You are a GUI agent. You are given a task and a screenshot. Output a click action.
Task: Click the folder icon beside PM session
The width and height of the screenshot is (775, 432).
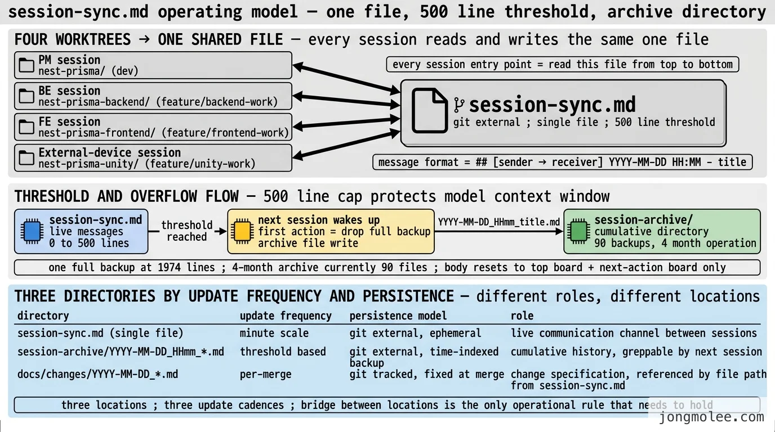pyautogui.click(x=26, y=65)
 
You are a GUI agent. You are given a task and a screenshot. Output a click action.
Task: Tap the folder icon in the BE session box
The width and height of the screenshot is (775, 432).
pyautogui.click(x=26, y=96)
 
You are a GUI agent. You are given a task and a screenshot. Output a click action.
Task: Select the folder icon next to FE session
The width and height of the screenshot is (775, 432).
pyautogui.click(x=26, y=127)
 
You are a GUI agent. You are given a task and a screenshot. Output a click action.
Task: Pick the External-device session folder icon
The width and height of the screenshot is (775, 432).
pyautogui.click(x=26, y=157)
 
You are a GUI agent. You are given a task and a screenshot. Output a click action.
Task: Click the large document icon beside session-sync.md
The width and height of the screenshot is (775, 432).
pyautogui.click(x=430, y=111)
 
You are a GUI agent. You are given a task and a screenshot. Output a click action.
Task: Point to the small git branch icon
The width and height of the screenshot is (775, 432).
pyautogui.click(x=459, y=105)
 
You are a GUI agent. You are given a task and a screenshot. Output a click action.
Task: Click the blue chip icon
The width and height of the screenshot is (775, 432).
pyautogui.click(x=32, y=231)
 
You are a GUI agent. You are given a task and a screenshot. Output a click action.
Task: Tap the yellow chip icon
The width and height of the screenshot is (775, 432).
pyautogui.click(x=242, y=231)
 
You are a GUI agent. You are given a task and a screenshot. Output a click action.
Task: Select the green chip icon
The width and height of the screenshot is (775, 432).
pyautogui.click(x=578, y=231)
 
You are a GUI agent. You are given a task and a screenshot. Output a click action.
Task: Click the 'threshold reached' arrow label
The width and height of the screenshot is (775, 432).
pyautogui.click(x=187, y=231)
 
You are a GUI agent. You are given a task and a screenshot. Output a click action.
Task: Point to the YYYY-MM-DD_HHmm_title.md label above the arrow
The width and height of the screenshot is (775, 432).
pyautogui.click(x=498, y=222)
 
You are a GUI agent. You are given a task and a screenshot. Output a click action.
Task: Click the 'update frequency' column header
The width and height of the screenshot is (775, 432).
pyautogui.click(x=286, y=316)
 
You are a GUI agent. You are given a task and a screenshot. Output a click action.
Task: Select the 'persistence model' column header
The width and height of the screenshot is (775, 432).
pyautogui.click(x=398, y=316)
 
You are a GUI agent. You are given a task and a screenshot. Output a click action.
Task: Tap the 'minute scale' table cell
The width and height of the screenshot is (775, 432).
pyautogui.click(x=274, y=333)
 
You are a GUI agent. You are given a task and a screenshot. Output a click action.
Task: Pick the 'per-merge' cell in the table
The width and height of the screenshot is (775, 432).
pyautogui.click(x=265, y=374)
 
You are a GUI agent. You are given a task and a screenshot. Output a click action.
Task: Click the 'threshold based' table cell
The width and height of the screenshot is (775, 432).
pyautogui.click(x=283, y=352)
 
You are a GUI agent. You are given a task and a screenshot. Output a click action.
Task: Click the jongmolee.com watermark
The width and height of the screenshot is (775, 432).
pyautogui.click(x=711, y=417)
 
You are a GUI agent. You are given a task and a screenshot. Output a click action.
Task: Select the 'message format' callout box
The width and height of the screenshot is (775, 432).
pyautogui.click(x=563, y=162)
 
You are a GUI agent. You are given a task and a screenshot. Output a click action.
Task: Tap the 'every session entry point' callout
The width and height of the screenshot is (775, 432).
pyautogui.click(x=563, y=64)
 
